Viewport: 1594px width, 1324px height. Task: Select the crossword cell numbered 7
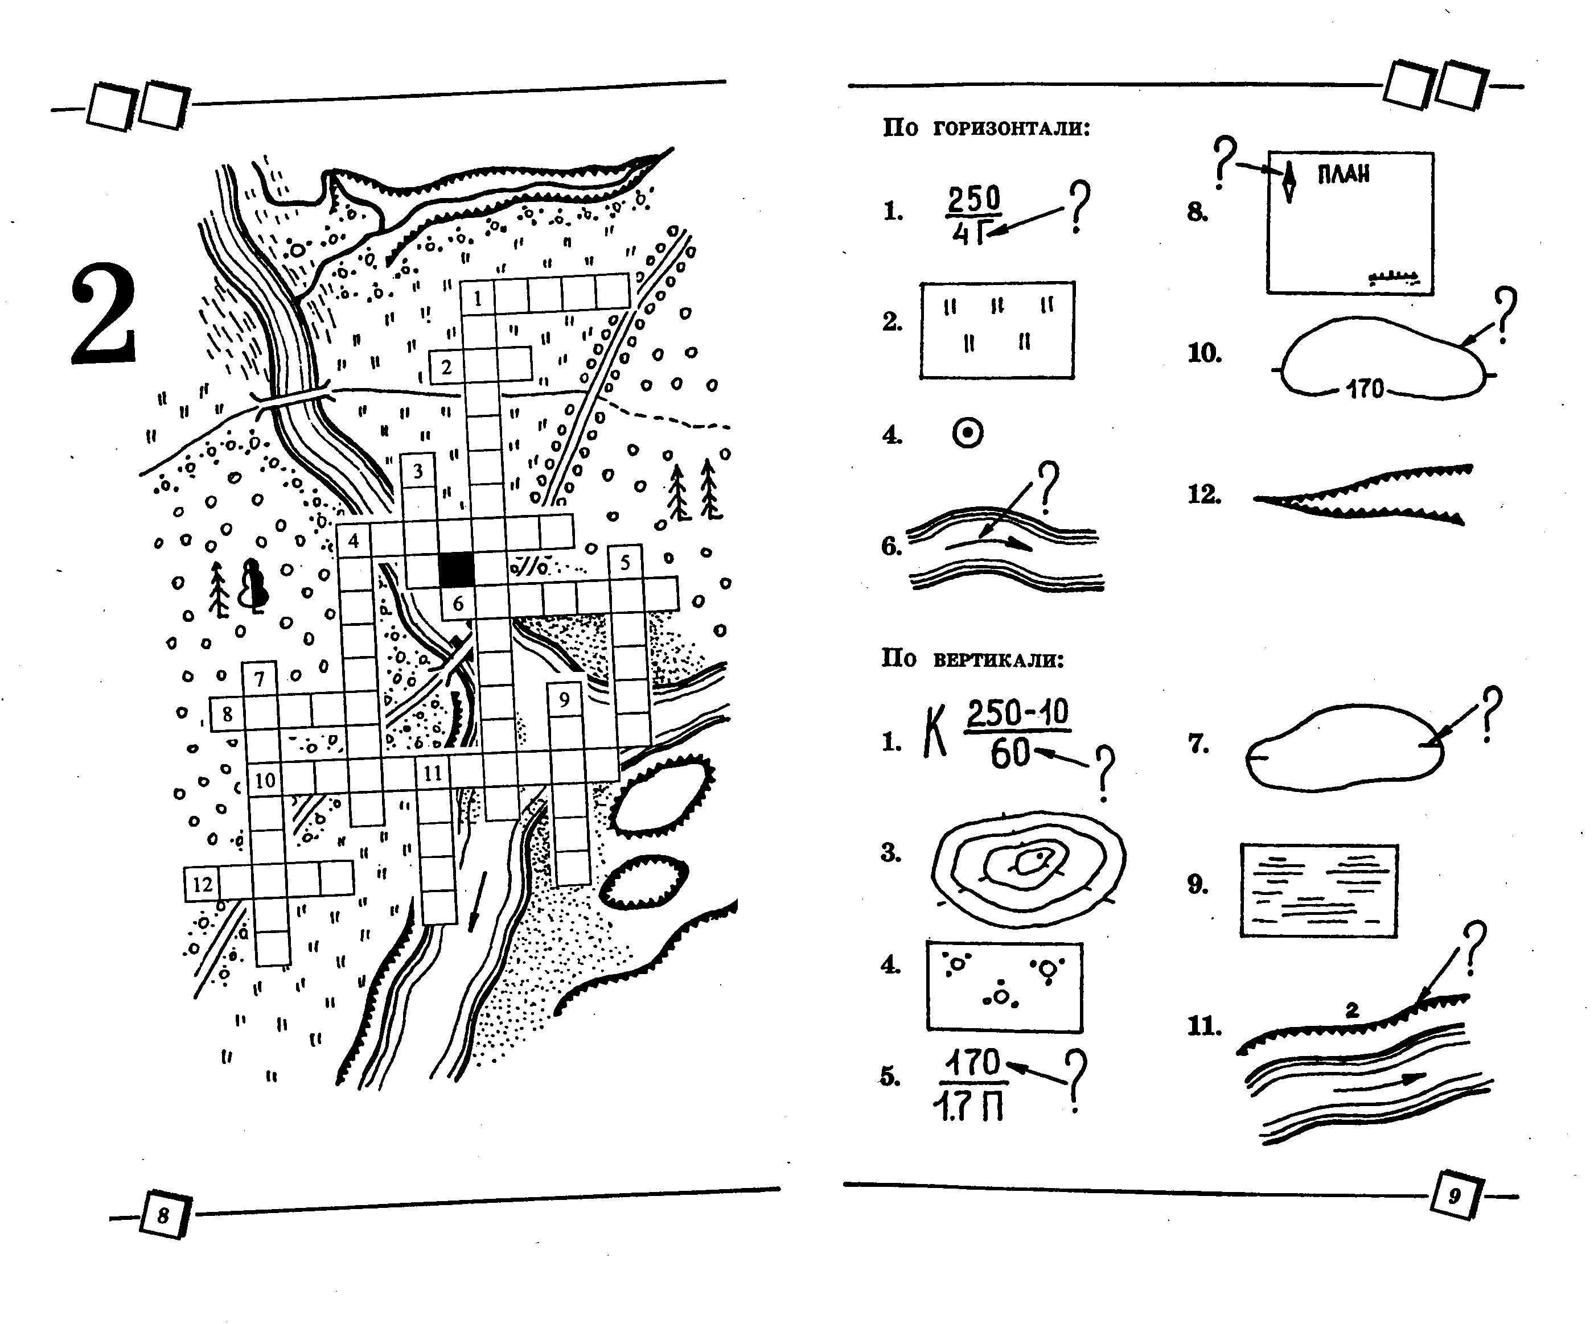260,678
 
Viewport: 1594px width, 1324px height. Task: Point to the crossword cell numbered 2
446,366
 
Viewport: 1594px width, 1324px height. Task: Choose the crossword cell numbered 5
625,562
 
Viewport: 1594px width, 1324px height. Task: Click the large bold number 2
104,314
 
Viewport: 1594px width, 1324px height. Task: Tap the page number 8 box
164,1215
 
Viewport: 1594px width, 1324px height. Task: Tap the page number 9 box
1453,1197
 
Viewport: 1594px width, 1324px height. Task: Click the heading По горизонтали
986,127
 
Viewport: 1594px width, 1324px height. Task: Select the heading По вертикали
972,658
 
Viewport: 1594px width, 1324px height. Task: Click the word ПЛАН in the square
1344,175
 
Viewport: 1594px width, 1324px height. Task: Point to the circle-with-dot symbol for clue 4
968,433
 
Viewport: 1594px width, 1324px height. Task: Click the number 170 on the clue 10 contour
1365,389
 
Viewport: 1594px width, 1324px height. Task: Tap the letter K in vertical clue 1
935,732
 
